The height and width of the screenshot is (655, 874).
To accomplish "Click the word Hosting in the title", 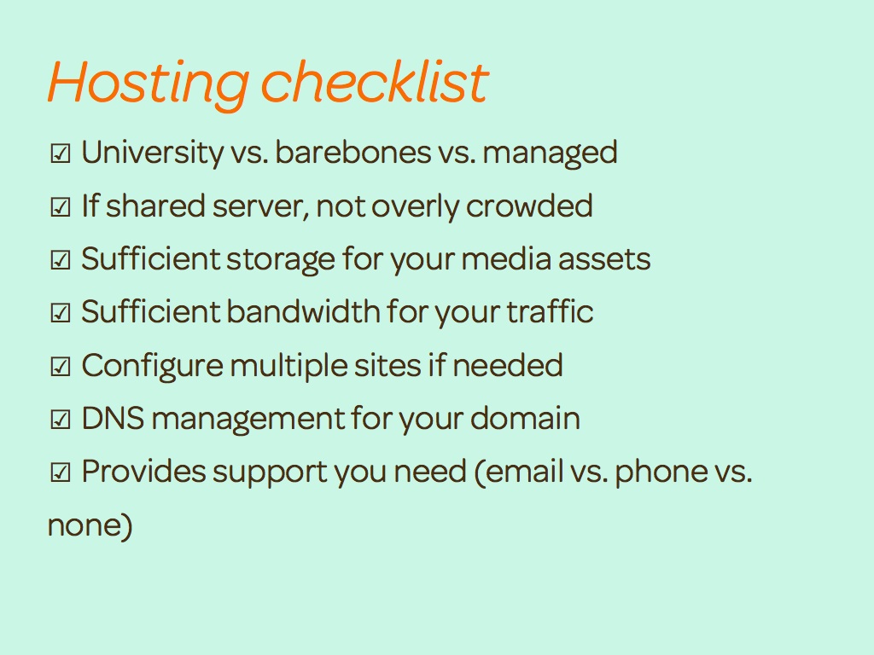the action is pyautogui.click(x=149, y=84).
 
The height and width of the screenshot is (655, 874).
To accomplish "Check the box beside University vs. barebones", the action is pyautogui.click(x=61, y=154).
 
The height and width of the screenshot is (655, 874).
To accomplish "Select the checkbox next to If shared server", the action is pyautogui.click(x=61, y=206).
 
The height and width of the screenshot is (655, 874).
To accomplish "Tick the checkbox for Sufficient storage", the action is pyautogui.click(x=61, y=259).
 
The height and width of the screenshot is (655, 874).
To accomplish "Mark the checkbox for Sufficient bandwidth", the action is pyautogui.click(x=61, y=312).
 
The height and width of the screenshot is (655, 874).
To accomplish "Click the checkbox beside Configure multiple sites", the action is pyautogui.click(x=61, y=366).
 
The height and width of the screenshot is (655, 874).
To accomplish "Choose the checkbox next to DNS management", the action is pyautogui.click(x=61, y=419).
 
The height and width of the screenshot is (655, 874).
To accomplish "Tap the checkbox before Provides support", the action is pyautogui.click(x=61, y=472).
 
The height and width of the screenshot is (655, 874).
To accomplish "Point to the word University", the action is pyautogui.click(x=152, y=153).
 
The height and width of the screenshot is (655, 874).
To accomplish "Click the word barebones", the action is pyautogui.click(x=353, y=152).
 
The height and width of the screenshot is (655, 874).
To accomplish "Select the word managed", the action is pyautogui.click(x=550, y=154).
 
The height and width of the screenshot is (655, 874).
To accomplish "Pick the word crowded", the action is pyautogui.click(x=529, y=205).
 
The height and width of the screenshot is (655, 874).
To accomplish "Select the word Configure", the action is pyautogui.click(x=152, y=367).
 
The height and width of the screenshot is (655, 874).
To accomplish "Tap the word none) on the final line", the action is pyautogui.click(x=90, y=525).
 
